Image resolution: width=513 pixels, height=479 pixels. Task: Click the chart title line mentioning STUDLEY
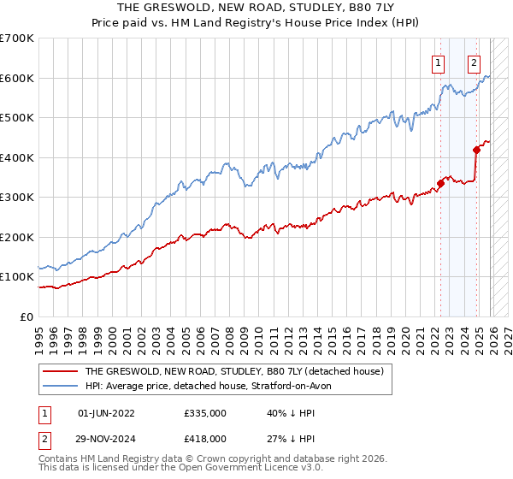tap(256, 8)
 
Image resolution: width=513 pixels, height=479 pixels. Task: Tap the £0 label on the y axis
tap(26, 316)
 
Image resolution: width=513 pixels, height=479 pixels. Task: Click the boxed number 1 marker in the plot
tap(438, 62)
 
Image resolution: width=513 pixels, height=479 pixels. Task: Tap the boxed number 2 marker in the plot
tap(473, 62)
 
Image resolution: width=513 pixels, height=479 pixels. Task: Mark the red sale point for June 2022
tap(440, 182)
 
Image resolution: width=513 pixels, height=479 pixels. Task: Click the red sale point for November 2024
tap(476, 150)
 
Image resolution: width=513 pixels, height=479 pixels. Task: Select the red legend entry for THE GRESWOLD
tap(235, 372)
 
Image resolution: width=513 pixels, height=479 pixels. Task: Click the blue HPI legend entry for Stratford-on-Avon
tap(214, 387)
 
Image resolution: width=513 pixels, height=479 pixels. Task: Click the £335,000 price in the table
tap(204, 413)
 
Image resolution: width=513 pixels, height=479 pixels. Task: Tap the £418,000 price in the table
tap(204, 439)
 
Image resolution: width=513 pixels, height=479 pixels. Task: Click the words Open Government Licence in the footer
tap(235, 470)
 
